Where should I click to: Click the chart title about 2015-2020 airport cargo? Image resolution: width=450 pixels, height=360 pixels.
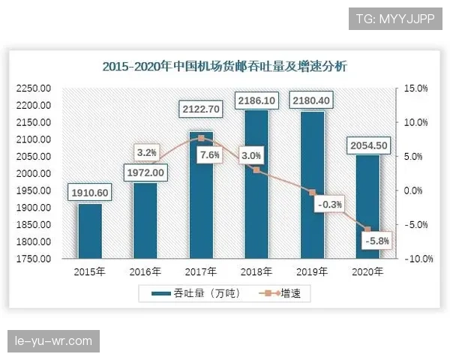(x=224, y=67)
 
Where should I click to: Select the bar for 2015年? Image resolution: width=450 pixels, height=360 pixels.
(x=90, y=232)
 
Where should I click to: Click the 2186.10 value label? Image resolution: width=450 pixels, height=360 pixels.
(x=256, y=100)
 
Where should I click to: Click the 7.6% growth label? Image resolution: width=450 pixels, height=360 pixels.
(x=210, y=155)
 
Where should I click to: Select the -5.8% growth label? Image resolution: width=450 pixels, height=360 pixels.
(x=375, y=241)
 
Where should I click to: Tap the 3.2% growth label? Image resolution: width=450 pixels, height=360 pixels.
(x=146, y=152)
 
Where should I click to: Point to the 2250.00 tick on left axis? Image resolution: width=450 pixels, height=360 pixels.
(x=33, y=88)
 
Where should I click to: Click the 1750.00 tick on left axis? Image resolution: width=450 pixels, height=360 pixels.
(x=33, y=259)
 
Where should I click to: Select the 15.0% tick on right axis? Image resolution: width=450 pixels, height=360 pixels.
(x=415, y=88)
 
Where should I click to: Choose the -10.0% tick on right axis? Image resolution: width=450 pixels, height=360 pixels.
(x=414, y=259)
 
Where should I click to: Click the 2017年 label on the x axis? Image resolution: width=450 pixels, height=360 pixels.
(x=201, y=271)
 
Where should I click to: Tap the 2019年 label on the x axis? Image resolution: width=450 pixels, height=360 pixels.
(x=312, y=271)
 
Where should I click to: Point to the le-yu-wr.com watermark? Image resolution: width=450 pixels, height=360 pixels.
(x=54, y=341)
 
